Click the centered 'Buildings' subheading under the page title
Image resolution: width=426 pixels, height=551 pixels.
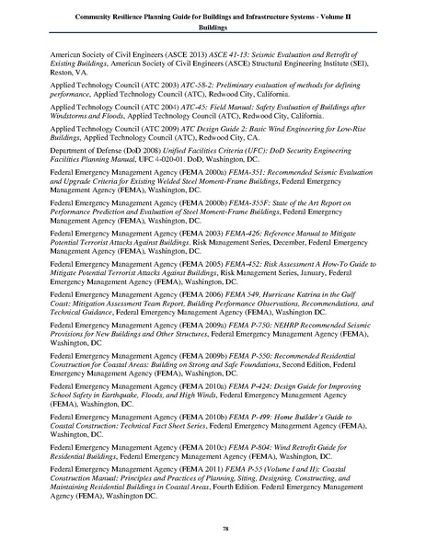tap(213, 29)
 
